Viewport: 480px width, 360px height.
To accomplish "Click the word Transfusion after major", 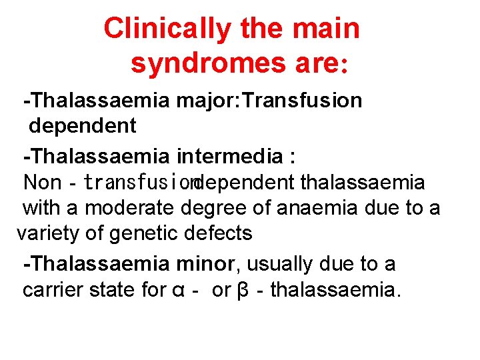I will [x=304, y=101].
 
